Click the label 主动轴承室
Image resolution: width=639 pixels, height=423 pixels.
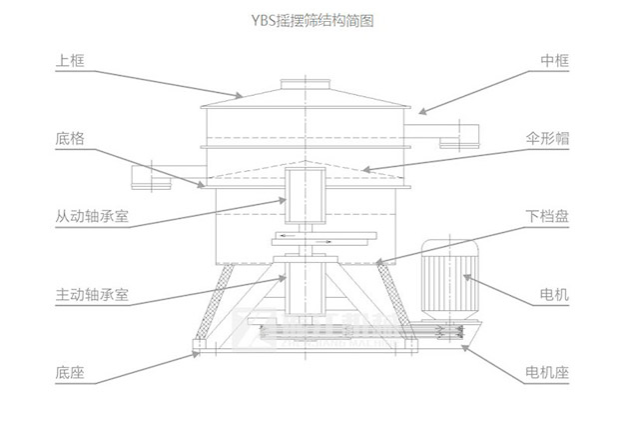coord(91,295)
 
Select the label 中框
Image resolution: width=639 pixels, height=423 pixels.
coord(555,61)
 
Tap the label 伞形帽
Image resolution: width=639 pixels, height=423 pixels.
coord(548,139)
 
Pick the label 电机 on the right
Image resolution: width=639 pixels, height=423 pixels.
coord(555,295)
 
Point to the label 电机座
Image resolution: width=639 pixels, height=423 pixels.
coord(548,373)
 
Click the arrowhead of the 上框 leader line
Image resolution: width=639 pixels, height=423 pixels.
coord(241,96)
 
